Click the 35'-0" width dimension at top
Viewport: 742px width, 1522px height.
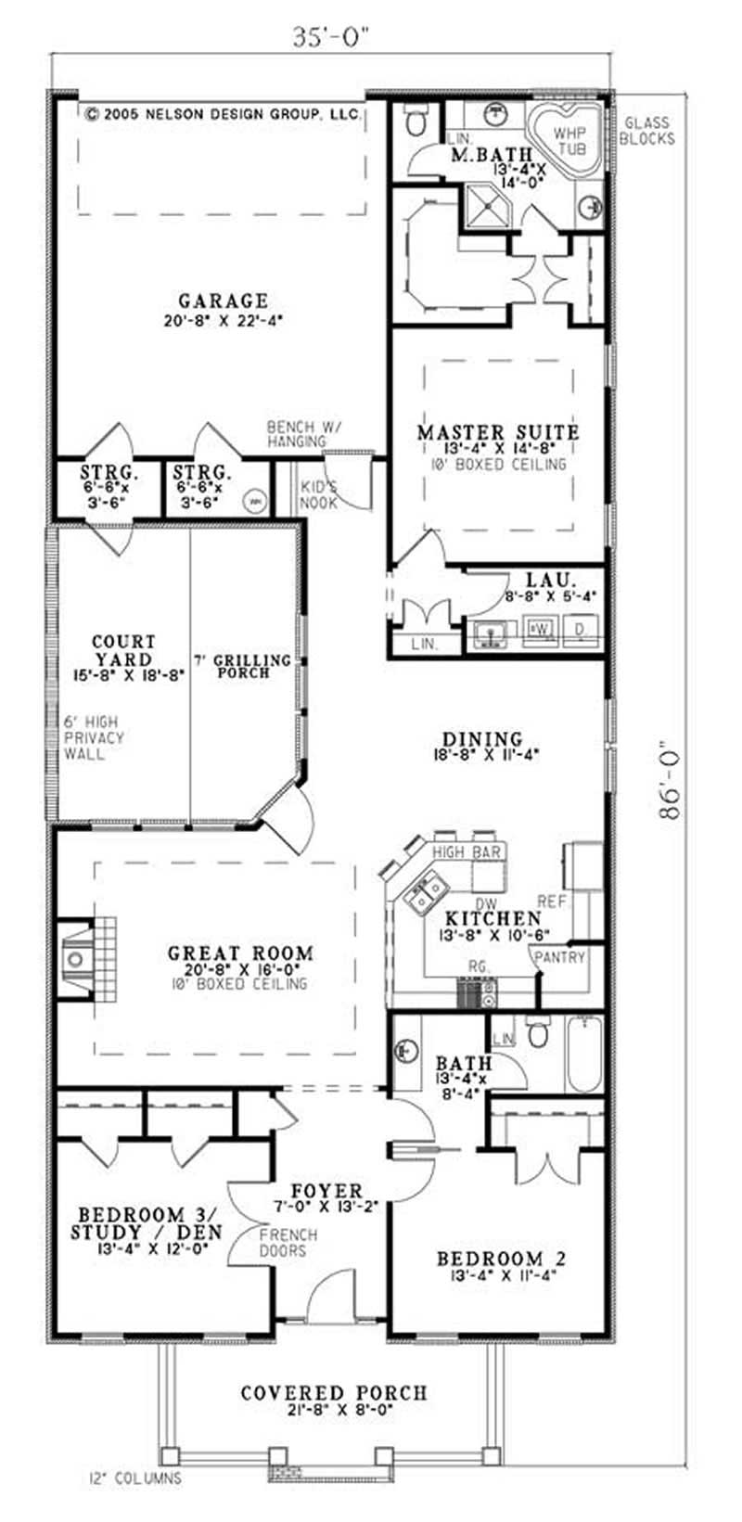click(331, 37)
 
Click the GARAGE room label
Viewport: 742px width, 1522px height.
click(223, 301)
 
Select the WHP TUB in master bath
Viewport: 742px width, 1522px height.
click(570, 140)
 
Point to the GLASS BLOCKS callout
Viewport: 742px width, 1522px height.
click(646, 131)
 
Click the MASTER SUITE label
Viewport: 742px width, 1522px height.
click(498, 432)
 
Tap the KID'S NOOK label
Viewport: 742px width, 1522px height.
click(318, 496)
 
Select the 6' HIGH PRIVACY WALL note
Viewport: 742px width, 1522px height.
click(94, 737)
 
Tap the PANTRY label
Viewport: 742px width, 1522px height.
click(560, 956)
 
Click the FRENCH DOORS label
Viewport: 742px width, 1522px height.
click(288, 1243)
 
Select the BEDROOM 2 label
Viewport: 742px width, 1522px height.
click(501, 1259)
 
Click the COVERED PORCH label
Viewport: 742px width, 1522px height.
click(334, 1393)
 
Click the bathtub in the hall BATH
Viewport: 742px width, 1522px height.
click(583, 1054)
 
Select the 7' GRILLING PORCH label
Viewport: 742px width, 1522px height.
click(243, 665)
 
